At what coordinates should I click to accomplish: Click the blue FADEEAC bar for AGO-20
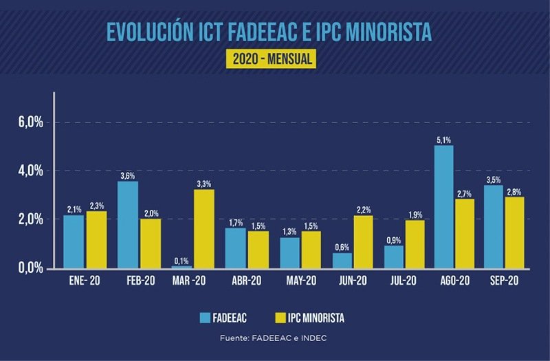tap(443, 206)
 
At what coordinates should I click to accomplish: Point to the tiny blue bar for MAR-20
tap(181, 267)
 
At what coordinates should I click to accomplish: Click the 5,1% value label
tap(443, 140)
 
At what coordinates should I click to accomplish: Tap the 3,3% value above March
tap(204, 184)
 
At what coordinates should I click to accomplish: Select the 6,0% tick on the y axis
tap(30, 122)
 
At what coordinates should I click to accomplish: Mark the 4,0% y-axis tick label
tap(30, 171)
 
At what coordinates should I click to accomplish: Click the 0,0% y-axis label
tap(30, 267)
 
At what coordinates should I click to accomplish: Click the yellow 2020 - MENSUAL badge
tap(273, 59)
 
